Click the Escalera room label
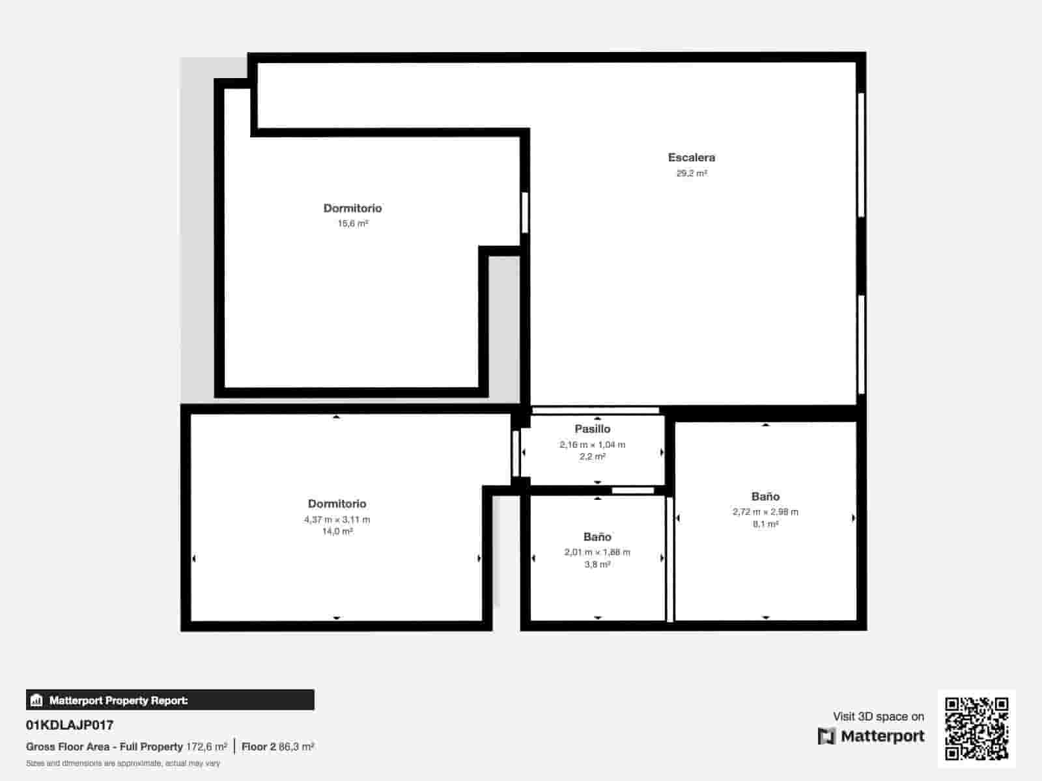(691, 158)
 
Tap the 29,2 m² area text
(692, 173)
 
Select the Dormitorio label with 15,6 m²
(352, 208)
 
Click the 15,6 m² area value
(352, 223)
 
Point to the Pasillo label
(592, 429)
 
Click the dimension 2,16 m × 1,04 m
(592, 445)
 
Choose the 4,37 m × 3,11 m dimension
(337, 519)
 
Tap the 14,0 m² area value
(337, 531)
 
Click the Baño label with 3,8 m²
(597, 537)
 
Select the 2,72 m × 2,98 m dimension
(765, 512)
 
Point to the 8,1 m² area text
(765, 524)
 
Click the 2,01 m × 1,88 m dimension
(597, 552)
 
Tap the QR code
(976, 728)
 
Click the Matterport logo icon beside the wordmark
(826, 736)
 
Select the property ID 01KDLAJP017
(70, 725)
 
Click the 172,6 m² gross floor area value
(206, 747)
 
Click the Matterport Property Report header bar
(170, 700)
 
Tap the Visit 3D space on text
(878, 717)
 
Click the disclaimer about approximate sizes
(123, 763)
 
